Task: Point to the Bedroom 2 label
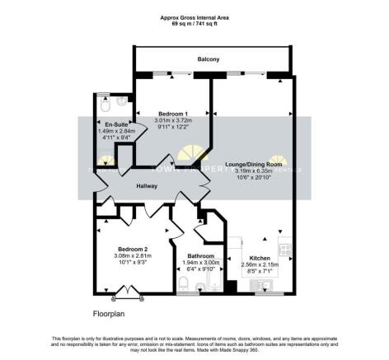coord(132,249)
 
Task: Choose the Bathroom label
coord(200,255)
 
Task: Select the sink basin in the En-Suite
coord(122,102)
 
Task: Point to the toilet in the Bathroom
coord(186,285)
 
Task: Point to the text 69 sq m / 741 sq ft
coord(194,22)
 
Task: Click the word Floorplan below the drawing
coord(110,315)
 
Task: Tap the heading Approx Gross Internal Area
coord(194,16)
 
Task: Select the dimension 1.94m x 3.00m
coord(200,262)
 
